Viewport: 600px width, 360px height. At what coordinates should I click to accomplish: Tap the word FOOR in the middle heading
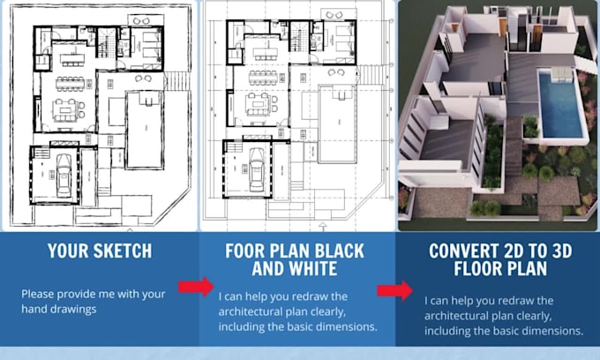point(244,251)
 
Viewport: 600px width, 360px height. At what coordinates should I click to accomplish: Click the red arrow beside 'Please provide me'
point(196,287)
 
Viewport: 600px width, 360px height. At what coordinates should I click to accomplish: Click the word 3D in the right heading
point(557,251)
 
